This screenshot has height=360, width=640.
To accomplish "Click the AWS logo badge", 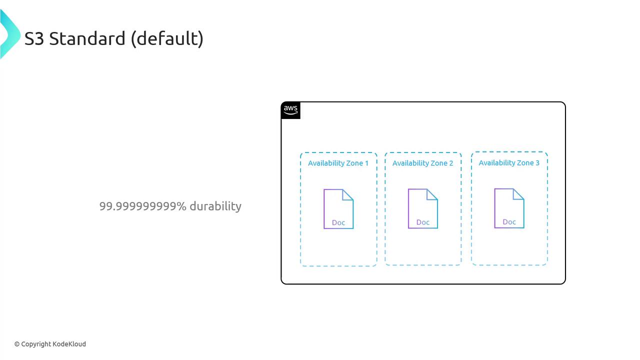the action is coord(290,110).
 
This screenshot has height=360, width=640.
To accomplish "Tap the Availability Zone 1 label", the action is coord(338,163).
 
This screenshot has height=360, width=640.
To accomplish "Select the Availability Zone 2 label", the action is coord(422,163).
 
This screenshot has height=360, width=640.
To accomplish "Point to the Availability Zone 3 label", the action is coord(509,163).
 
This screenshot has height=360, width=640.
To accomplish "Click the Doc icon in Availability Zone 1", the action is coord(338,209).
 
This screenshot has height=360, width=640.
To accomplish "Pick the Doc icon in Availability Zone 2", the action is coord(423,208).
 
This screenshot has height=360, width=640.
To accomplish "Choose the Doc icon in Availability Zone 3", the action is coord(509,208).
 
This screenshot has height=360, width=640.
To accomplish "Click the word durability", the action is coord(215,206).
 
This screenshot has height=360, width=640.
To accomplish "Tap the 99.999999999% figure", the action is coord(142,206).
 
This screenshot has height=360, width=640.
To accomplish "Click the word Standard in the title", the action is coord(87,38).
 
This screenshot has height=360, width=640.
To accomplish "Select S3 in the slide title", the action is coord(34,39).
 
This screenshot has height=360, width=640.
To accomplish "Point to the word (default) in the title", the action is coord(167,39).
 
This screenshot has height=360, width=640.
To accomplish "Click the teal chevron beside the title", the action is coord(10,34).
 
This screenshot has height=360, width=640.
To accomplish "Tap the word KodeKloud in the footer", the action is coord(69,344).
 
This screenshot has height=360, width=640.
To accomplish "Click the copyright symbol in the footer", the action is coord(17,344).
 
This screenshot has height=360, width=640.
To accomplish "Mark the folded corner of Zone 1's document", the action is coord(347,194).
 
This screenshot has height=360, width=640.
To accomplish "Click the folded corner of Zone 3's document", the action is coord(518,194).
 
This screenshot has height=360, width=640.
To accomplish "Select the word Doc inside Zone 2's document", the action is coord(423,222).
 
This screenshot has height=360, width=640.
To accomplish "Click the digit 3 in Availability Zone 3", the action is coord(537,163).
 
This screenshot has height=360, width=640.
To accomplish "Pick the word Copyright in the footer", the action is coord(36,344).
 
